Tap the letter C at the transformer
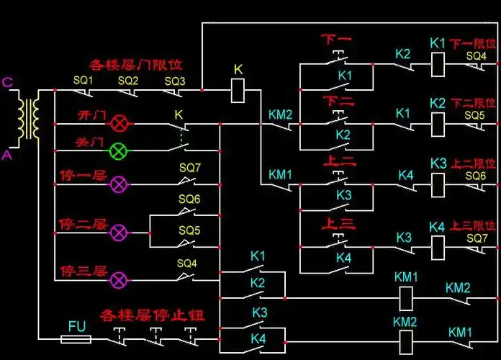[8, 83]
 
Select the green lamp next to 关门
[119, 151]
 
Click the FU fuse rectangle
[77, 337]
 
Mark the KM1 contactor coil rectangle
[405, 296]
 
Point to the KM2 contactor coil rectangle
[405, 338]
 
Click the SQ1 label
[83, 81]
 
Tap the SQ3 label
[174, 81]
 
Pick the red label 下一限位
[473, 44]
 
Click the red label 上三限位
[473, 226]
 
